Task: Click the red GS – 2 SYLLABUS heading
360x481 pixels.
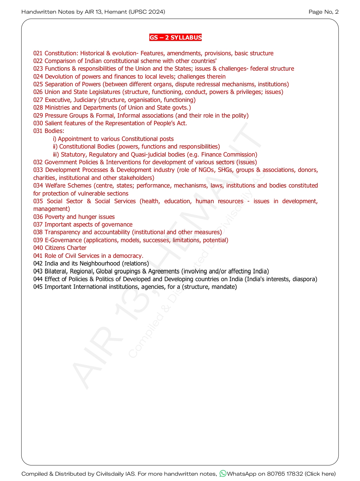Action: (175, 37)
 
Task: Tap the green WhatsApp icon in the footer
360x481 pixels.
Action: (223, 473)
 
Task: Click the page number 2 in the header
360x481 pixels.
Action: (337, 12)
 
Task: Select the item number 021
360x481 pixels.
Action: (38, 53)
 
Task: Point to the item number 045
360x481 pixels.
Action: (38, 287)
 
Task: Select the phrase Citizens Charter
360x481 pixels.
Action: (65, 248)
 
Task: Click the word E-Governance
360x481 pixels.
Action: (63, 240)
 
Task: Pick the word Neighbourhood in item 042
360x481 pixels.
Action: (99, 263)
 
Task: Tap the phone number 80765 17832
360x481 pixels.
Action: (285, 474)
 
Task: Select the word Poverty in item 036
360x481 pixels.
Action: (55, 217)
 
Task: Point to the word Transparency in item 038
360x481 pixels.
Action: (62, 232)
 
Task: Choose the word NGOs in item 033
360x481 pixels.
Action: (206, 170)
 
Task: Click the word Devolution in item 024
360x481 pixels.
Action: (59, 77)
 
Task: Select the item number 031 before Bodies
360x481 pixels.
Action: (38, 131)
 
